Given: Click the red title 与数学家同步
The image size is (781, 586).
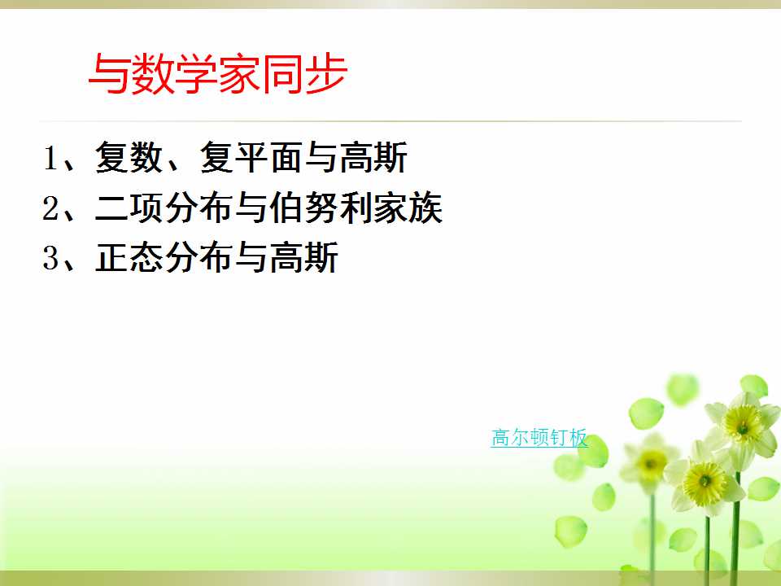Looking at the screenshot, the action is tap(218, 74).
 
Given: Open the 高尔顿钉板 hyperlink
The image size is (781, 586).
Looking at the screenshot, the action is tap(539, 438).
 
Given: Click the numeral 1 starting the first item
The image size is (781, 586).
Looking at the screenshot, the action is tap(50, 158).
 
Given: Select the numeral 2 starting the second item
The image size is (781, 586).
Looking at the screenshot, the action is tap(50, 208).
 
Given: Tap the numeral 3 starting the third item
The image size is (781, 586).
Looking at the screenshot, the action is tap(50, 258).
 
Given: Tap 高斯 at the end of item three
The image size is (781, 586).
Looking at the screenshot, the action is tap(303, 258).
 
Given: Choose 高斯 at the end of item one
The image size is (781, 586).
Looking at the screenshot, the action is tap(373, 157).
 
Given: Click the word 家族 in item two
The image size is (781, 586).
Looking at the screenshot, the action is tap(408, 208).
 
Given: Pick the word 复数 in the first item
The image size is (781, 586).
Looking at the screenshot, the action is tap(129, 157).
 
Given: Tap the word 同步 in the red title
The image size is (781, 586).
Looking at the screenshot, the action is tap(303, 74).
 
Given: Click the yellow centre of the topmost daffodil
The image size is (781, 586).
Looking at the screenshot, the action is tap(742, 425).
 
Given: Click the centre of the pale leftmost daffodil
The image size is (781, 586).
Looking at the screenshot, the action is tap(651, 463).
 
